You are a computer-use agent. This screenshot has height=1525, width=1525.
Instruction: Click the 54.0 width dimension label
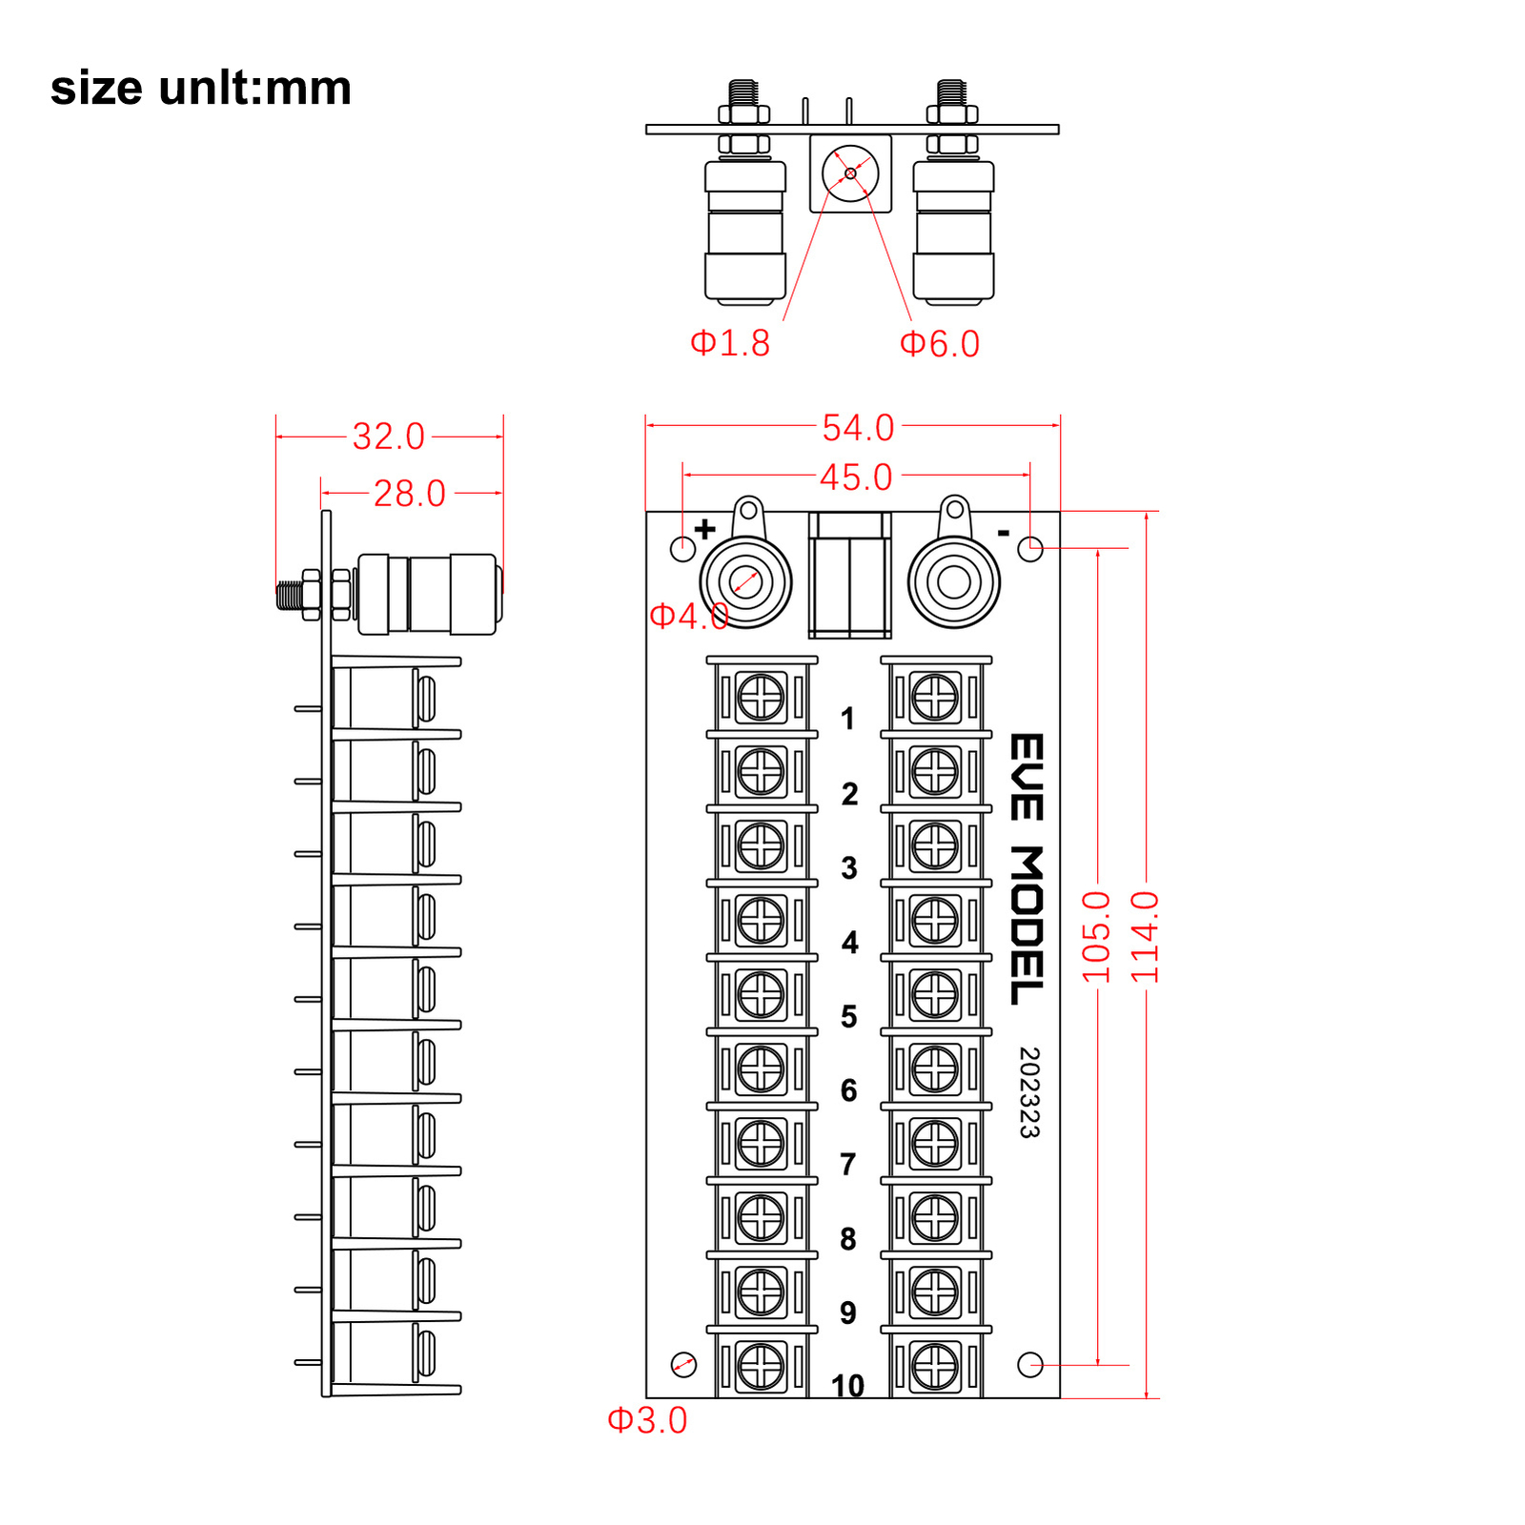858,428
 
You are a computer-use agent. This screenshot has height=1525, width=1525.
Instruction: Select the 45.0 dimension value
856,478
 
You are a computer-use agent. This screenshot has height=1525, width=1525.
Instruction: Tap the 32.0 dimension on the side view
388,437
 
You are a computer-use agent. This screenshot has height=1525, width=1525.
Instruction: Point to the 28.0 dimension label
409,494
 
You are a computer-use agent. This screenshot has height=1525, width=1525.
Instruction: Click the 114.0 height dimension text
1145,937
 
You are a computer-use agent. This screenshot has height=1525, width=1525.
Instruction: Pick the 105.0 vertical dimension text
1096,937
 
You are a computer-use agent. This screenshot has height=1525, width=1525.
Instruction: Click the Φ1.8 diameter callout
730,343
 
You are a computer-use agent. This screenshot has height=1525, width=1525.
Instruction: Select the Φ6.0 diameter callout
940,344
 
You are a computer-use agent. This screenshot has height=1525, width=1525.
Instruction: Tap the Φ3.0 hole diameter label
647,1420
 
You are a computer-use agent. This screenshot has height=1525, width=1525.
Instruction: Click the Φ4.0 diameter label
688,616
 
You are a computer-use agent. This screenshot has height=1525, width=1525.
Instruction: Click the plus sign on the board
704,529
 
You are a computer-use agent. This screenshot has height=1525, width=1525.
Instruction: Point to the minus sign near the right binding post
1003,533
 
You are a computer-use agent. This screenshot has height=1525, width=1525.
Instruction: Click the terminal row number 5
848,1016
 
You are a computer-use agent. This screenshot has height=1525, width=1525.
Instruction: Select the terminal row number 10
847,1385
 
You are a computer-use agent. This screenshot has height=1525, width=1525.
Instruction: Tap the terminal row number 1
847,719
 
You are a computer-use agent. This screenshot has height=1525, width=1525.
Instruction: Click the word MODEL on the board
1027,925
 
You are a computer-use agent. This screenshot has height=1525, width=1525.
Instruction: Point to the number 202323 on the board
1028,1092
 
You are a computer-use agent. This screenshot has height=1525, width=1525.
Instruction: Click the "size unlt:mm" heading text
201,88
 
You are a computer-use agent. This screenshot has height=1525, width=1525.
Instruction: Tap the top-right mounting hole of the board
1030,549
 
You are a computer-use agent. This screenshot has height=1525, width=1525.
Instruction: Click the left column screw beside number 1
761,697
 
